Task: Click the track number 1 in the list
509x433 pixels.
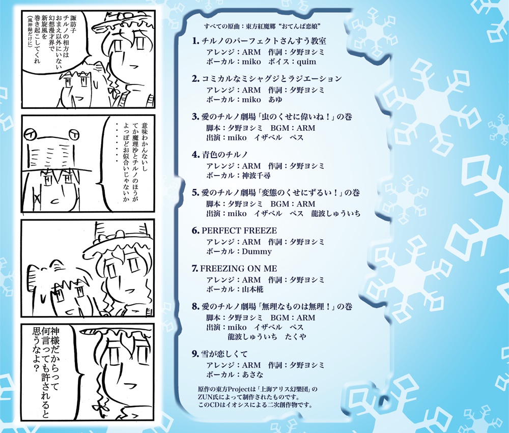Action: [195, 41]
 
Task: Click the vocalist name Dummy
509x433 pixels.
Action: [257, 251]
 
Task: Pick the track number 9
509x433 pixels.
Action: [195, 354]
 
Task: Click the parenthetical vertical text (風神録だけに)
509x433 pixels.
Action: [29, 43]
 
